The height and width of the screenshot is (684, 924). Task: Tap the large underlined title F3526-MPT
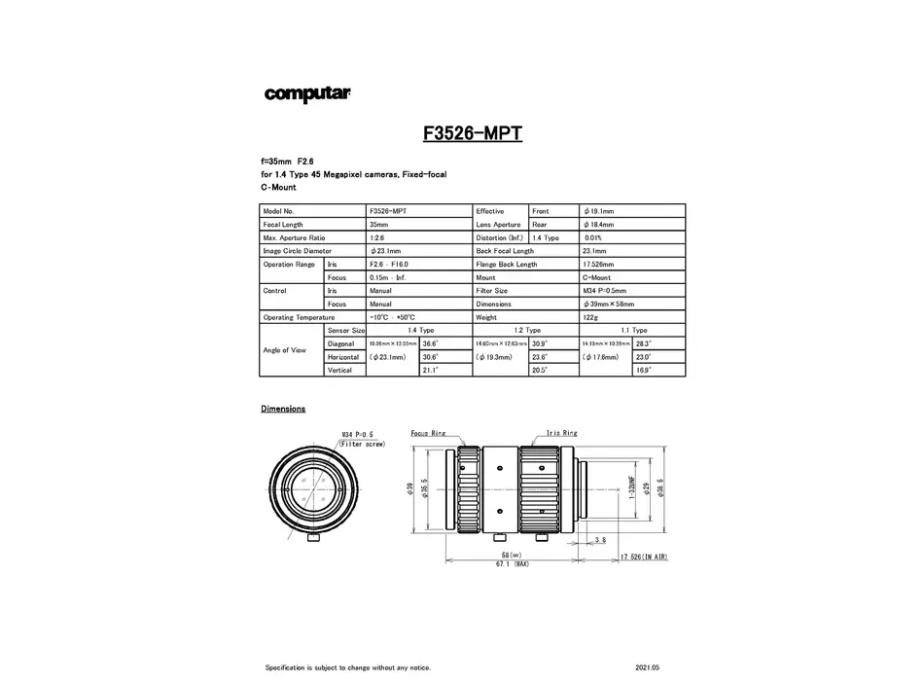[473, 133]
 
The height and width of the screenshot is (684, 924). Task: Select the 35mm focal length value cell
[379, 224]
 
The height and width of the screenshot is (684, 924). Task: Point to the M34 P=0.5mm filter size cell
[604, 290]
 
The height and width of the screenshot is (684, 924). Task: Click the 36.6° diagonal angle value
[431, 343]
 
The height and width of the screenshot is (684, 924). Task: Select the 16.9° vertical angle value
[643, 370]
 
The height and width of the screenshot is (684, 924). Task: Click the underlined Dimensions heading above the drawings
[283, 409]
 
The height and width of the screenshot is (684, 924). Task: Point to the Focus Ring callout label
[429, 432]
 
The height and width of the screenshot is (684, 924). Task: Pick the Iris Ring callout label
[562, 432]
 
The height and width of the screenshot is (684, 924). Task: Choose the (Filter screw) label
[362, 444]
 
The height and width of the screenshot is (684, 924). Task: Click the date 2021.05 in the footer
[646, 667]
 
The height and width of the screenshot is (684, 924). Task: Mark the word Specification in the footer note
[285, 667]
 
